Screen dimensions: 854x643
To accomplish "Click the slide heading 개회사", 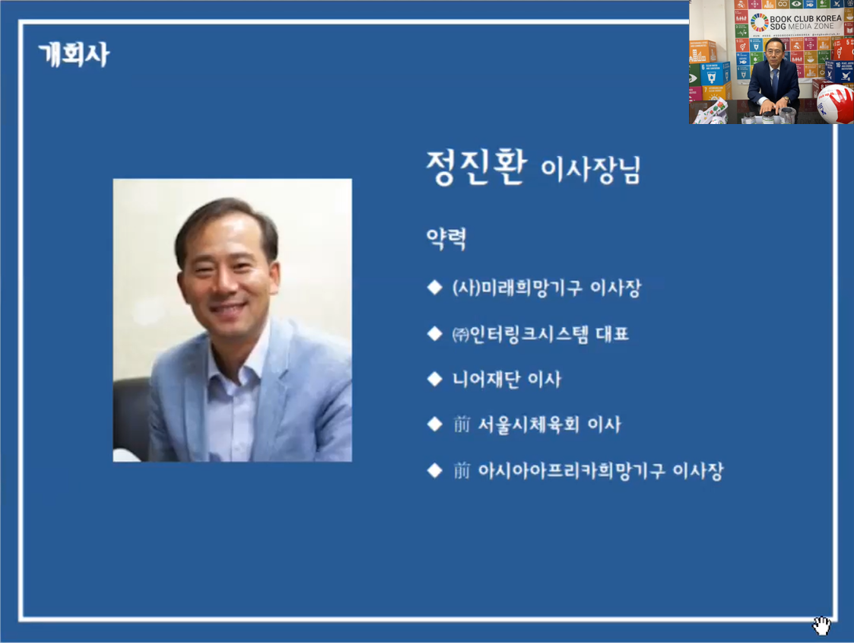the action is (74, 55).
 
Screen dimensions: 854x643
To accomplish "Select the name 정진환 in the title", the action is (476, 167).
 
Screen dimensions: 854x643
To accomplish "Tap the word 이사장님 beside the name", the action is (590, 170).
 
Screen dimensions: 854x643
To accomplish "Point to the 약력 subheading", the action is (446, 238).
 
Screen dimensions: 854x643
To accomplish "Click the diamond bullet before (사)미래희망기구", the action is (435, 287).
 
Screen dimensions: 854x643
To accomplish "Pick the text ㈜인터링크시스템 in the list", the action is (520, 334).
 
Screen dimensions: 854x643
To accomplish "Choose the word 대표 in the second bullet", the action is (612, 333).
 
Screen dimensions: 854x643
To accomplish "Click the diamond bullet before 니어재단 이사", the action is (435, 379).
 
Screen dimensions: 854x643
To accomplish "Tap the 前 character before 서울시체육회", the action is (462, 425).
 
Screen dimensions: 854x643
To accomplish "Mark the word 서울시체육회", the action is (528, 425).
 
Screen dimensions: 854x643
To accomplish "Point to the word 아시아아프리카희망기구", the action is (571, 471).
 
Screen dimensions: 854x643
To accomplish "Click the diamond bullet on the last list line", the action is (435, 470).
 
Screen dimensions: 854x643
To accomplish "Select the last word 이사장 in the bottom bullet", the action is (698, 471).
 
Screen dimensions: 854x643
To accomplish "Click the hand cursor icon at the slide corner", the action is (821, 625).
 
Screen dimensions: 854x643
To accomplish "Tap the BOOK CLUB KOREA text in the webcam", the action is (805, 18).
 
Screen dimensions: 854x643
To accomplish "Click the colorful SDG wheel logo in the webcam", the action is (759, 22).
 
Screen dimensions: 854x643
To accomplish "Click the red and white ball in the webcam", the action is (836, 103).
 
